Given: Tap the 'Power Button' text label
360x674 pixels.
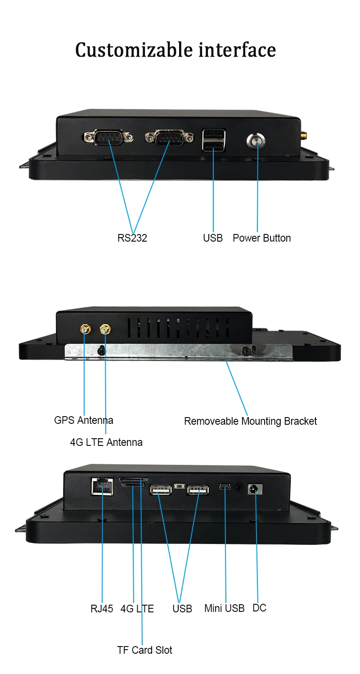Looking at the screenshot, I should (261, 238).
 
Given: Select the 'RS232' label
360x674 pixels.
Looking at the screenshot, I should (132, 238).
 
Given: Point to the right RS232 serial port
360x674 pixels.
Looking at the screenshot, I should (169, 137).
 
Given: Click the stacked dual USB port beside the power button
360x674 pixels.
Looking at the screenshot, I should (214, 140).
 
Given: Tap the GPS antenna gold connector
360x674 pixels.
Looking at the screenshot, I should (84, 330).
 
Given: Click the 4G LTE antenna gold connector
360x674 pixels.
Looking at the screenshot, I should (105, 330).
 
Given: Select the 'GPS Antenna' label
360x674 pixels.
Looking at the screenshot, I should (84, 420).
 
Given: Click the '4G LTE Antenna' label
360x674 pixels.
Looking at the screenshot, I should (106, 442).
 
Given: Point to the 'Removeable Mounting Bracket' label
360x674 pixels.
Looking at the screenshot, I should (250, 421).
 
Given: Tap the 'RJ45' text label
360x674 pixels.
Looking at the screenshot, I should (102, 608).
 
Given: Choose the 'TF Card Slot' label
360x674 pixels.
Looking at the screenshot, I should (144, 650).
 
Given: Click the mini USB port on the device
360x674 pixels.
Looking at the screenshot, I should (225, 487).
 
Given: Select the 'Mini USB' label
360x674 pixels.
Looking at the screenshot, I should (224, 608).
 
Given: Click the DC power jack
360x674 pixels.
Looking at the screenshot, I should (255, 489).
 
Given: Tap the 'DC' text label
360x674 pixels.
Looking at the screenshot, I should (259, 608).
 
